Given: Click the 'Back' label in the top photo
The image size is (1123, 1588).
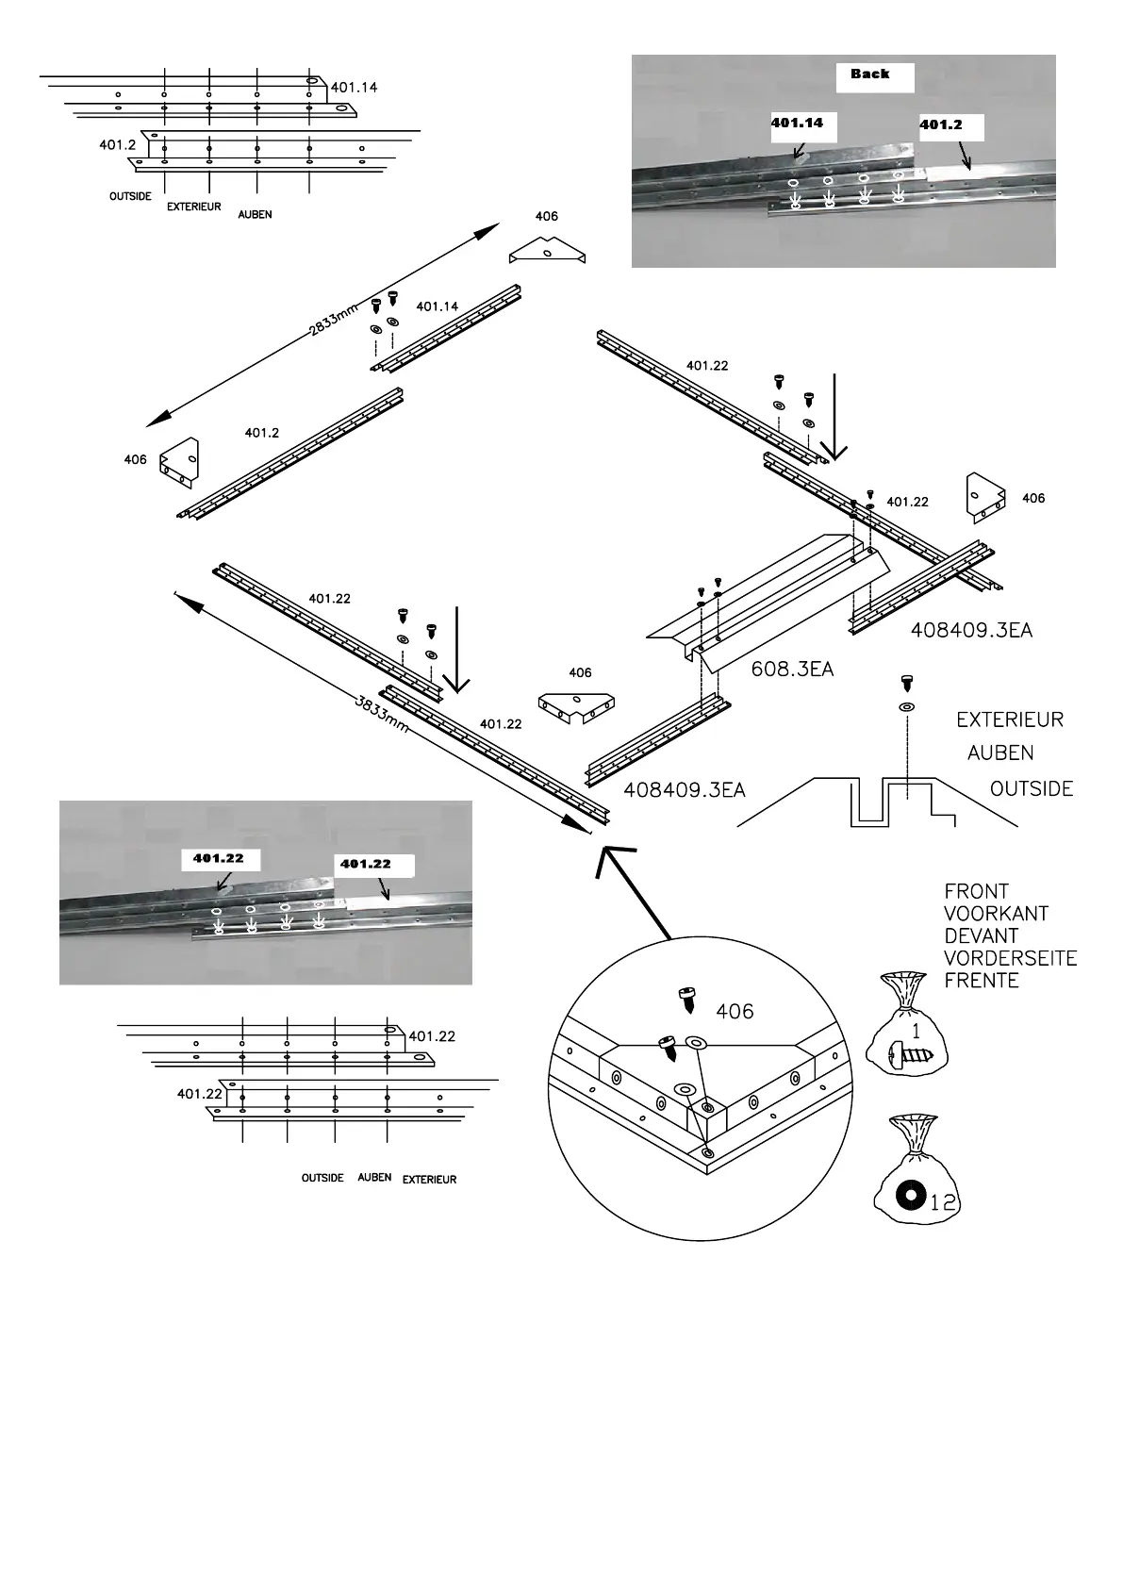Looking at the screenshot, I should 869,74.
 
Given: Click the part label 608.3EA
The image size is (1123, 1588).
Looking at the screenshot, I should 792,670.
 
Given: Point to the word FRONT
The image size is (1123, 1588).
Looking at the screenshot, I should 976,891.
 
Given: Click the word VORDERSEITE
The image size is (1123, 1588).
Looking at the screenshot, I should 1010,958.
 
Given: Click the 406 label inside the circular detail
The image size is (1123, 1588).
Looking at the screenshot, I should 735,1012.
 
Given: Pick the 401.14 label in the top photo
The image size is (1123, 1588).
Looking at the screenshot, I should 797,123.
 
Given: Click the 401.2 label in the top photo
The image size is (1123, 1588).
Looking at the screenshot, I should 940,125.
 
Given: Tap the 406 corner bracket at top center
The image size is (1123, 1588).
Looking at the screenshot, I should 548,252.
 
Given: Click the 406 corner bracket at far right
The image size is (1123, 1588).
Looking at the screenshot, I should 984,496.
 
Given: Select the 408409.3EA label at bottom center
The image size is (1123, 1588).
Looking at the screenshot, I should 685,790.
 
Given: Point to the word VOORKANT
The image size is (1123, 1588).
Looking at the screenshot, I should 996,914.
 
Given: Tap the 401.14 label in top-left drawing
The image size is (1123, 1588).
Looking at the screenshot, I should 354,88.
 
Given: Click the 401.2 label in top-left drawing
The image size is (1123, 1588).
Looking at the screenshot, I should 117,145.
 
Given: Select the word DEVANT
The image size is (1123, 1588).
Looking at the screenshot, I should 982,936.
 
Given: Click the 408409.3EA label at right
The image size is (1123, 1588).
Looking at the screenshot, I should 971,631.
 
